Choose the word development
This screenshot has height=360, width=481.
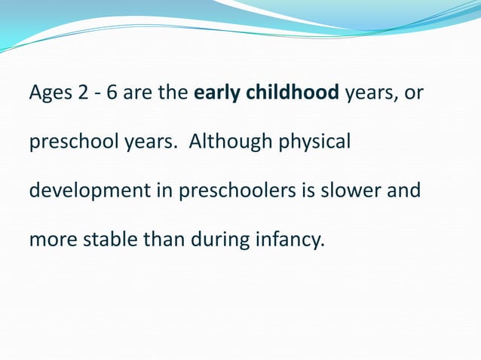(90, 191)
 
